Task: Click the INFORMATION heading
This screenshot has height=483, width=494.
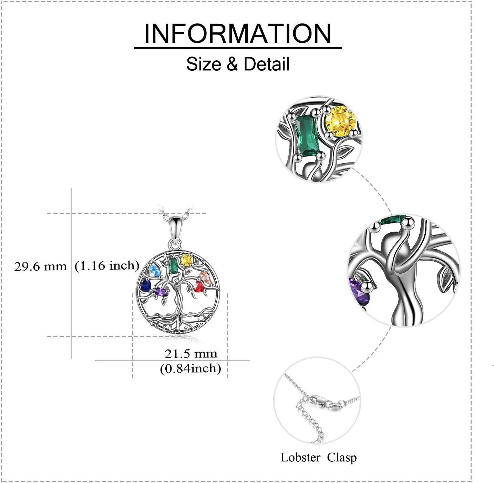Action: click(238, 33)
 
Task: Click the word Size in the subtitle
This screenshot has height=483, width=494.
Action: click(204, 64)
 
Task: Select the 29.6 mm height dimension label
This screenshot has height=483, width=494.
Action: click(40, 266)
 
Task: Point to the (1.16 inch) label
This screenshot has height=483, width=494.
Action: click(107, 265)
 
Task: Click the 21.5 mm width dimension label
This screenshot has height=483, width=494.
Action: click(191, 354)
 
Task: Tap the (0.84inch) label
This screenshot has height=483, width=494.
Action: click(191, 369)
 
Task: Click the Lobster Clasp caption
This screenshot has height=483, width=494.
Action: click(318, 457)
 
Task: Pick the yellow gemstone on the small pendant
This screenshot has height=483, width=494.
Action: click(186, 260)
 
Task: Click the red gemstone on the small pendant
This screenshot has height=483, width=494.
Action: click(199, 287)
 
